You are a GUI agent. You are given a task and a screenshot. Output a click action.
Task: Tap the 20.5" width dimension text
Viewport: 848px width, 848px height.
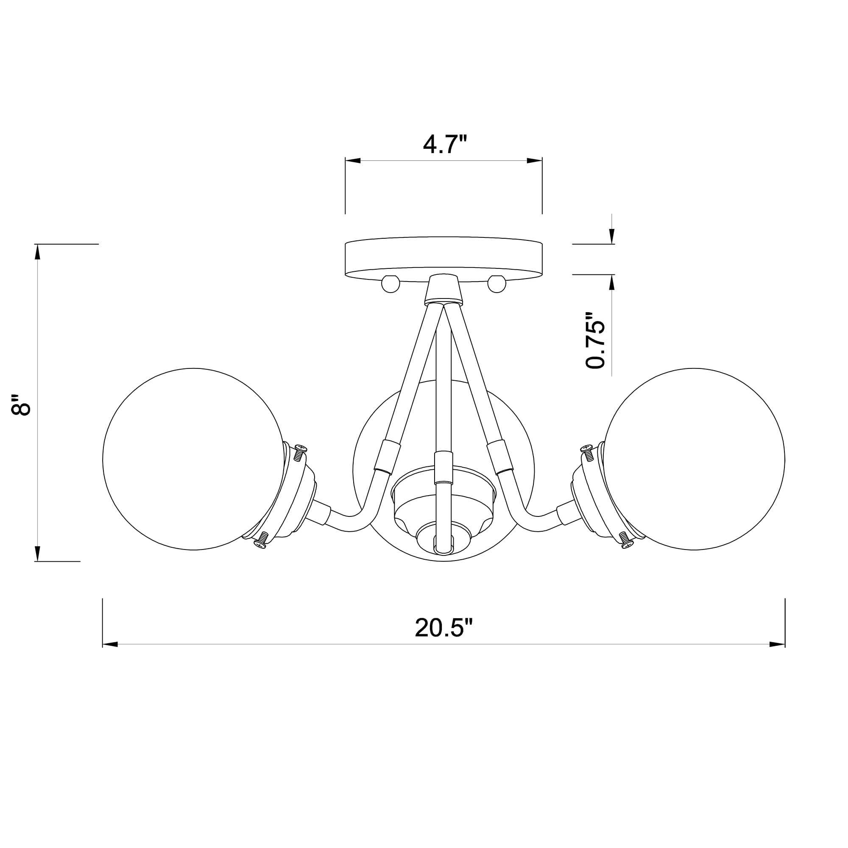tap(444, 628)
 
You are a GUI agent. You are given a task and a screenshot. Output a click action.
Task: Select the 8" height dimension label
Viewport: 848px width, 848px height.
tap(21, 404)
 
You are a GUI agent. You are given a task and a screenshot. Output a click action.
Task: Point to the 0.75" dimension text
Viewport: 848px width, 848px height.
tap(595, 340)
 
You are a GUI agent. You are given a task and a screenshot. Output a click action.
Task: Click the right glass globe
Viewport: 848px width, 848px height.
tap(694, 459)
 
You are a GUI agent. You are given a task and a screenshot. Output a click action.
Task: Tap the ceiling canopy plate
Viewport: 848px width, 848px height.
tap(444, 259)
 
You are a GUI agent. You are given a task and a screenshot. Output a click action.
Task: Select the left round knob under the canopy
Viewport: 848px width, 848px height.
tap(390, 284)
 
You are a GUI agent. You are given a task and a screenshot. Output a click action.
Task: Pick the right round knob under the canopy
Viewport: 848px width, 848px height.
tap(497, 284)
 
